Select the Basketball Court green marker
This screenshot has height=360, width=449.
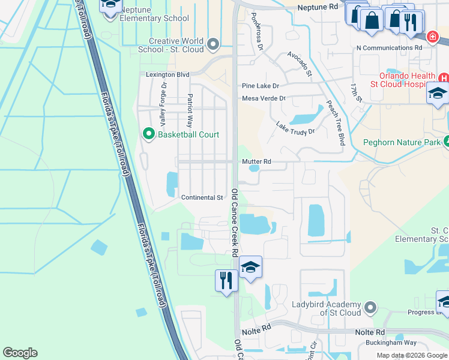click(149, 134)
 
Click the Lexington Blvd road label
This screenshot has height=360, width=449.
click(167, 75)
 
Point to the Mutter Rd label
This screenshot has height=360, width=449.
click(257, 161)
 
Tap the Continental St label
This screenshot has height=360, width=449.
click(202, 197)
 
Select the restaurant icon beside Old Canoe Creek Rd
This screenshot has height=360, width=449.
click(226, 280)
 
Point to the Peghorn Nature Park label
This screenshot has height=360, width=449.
click(402, 143)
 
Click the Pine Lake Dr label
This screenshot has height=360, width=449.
click(261, 86)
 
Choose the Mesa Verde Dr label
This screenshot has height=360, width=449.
click(264, 98)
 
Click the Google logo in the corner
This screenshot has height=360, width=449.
click(20, 353)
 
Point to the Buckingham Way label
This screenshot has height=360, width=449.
click(391, 343)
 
